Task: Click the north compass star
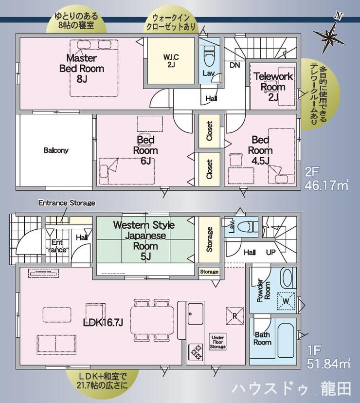pos(329,37)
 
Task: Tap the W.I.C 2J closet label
pos(171,61)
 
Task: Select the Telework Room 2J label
pos(273,87)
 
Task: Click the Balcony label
pos(56,150)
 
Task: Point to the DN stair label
pos(235,65)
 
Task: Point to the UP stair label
pos(271,253)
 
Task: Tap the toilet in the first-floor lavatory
pos(247,226)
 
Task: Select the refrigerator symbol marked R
pos(234,316)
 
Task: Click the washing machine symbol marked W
pos(286,301)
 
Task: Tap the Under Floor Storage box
pos(217,342)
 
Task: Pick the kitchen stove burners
pos(196,352)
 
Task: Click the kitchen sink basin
pos(196,314)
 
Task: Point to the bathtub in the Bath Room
pos(286,340)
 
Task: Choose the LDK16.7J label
pos(103,322)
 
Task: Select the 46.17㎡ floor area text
pos(327,185)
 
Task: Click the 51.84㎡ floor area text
pos(329,364)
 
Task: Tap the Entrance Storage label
pos(67,203)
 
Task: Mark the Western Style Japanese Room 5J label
pos(144,240)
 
